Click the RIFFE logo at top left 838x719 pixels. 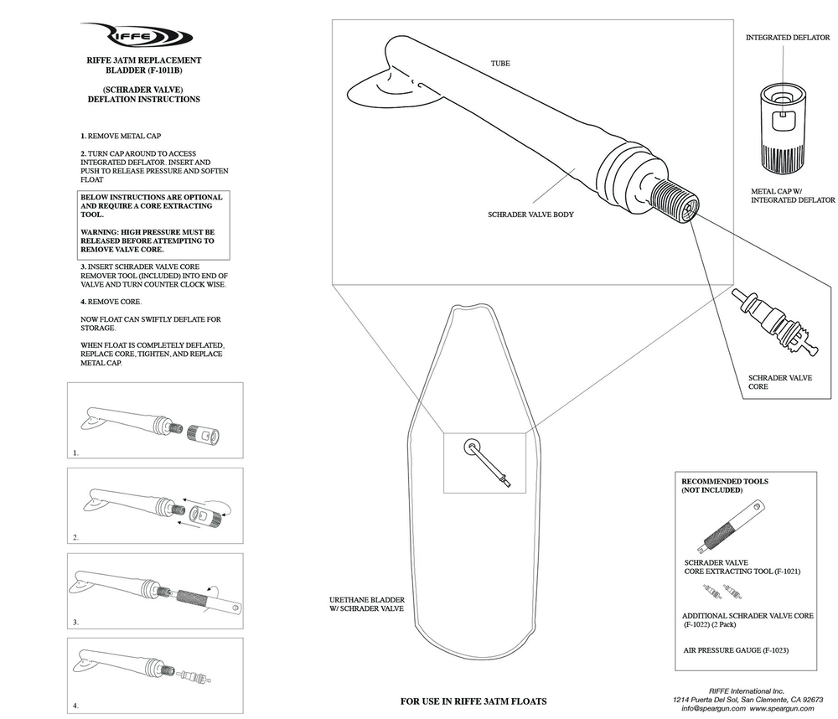(x=143, y=36)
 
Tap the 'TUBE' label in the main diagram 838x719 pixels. (x=500, y=63)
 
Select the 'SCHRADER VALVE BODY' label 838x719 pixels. (x=530, y=215)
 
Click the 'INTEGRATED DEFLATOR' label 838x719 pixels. (x=787, y=38)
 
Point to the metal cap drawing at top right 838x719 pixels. (x=785, y=126)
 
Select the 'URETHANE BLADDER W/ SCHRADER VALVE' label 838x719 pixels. (x=368, y=604)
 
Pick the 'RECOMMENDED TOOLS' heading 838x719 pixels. (x=724, y=482)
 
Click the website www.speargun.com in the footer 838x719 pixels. (x=784, y=708)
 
